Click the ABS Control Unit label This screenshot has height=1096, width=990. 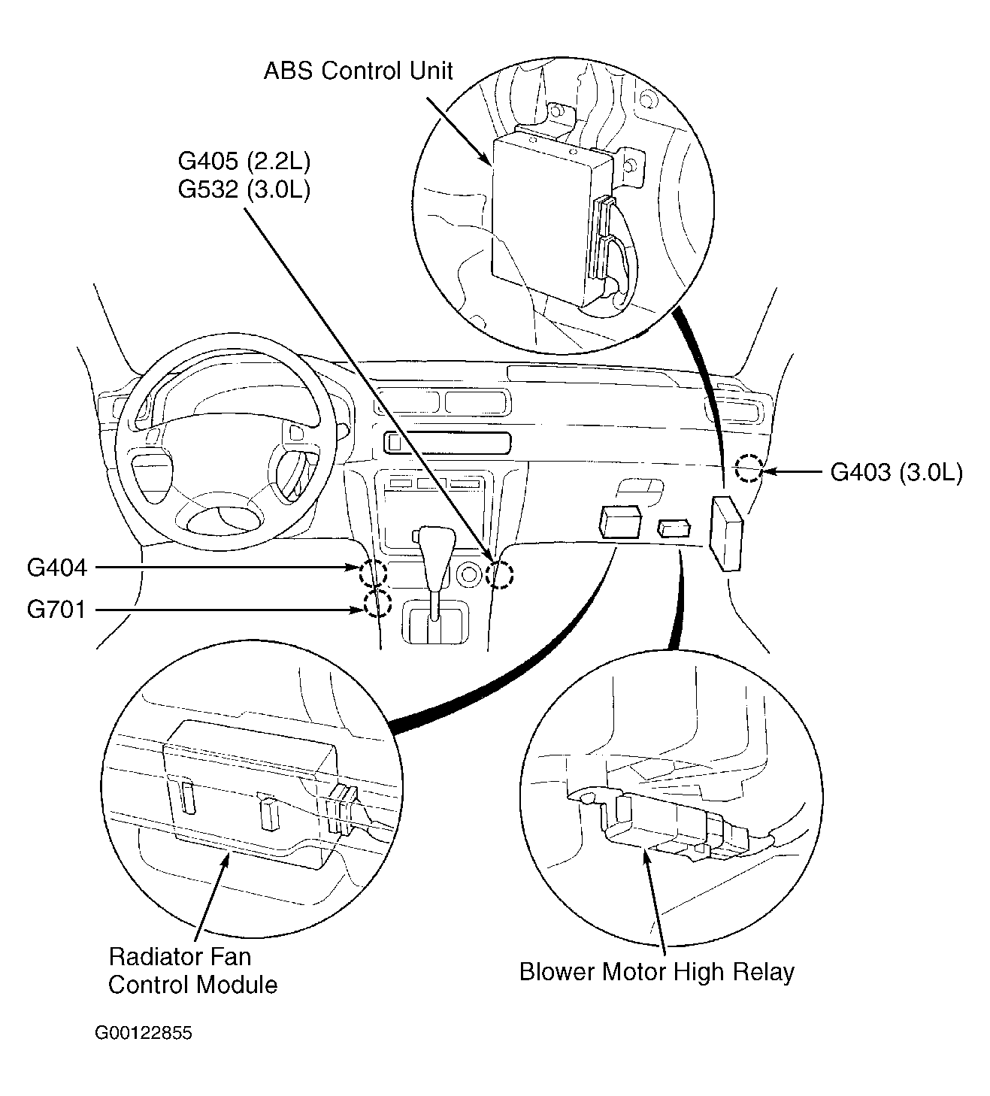358,71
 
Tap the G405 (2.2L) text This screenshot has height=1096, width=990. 244,161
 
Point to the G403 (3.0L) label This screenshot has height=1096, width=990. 895,472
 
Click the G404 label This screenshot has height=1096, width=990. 57,568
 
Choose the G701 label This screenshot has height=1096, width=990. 57,609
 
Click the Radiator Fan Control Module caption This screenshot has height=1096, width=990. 192,970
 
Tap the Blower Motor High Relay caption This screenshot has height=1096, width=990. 656,972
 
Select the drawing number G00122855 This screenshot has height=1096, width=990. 143,1033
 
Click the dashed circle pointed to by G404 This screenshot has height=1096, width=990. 373,574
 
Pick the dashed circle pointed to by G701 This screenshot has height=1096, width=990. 377,603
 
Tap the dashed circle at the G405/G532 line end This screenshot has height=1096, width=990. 499,576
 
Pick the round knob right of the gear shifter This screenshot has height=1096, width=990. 470,576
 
